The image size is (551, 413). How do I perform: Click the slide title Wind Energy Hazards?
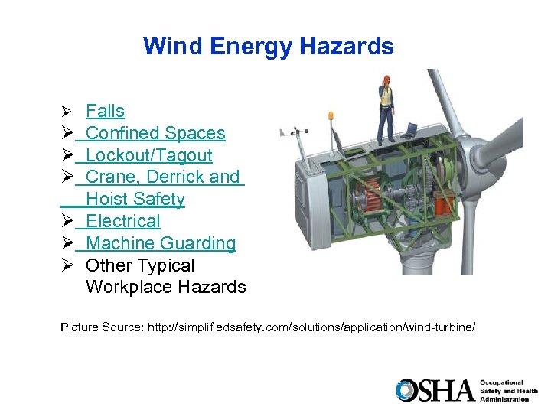pyautogui.click(x=268, y=47)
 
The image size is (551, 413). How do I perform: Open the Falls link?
pyautogui.click(x=105, y=112)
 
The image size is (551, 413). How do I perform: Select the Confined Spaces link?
pyautogui.click(x=155, y=133)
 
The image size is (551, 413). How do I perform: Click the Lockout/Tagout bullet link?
pyautogui.click(x=148, y=155)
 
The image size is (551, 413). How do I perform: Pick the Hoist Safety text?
pyautogui.click(x=135, y=200)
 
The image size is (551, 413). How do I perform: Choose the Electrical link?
pyautogui.click(x=122, y=222)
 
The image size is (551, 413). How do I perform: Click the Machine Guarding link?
pyautogui.click(x=161, y=243)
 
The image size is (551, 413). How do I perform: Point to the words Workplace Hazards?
pyautogui.click(x=165, y=288)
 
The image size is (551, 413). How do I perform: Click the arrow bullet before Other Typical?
pyautogui.click(x=67, y=265)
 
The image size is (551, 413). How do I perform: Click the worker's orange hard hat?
pyautogui.click(x=387, y=79)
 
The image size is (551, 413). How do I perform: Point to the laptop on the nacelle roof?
pyautogui.click(x=411, y=128)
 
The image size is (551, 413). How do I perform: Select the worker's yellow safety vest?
pyautogui.click(x=387, y=96)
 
